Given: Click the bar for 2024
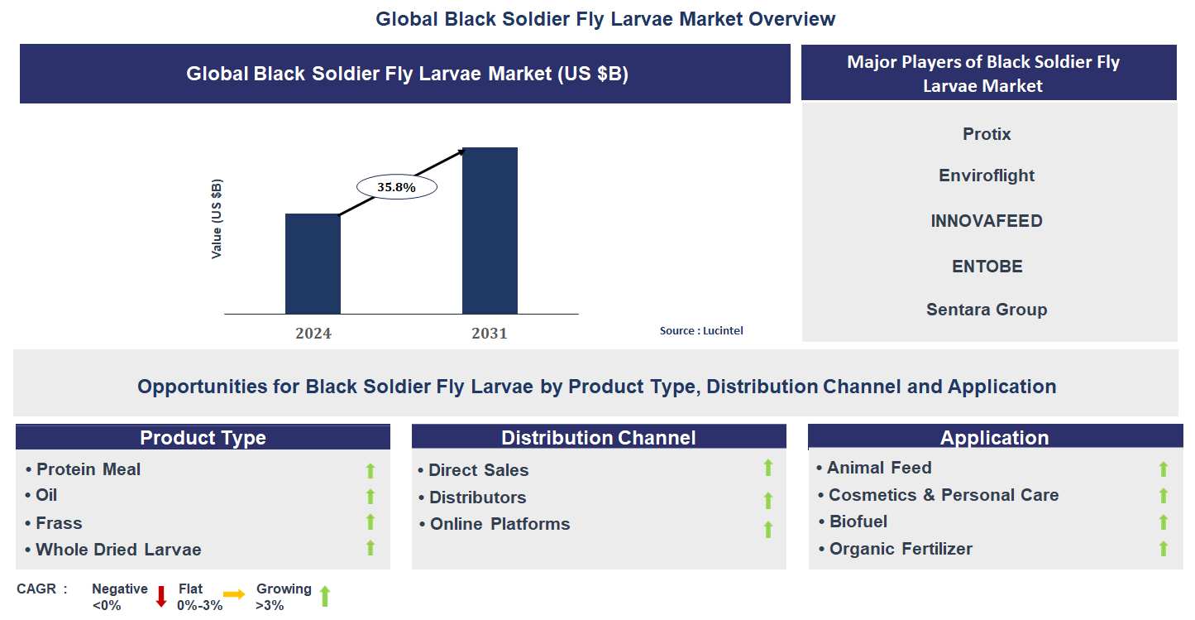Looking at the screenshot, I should (313, 263).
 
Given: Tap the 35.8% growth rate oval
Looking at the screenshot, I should (396, 187).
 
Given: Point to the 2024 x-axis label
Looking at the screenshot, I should (313, 334).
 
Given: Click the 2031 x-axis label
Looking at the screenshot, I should (490, 334).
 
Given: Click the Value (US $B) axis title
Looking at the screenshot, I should (217, 219).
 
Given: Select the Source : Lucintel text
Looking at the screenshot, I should (701, 330).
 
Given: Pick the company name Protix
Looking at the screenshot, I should (987, 134).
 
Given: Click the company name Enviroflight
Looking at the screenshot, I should (987, 175).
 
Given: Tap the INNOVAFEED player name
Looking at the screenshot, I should (987, 221).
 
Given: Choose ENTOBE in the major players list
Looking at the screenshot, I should (987, 267).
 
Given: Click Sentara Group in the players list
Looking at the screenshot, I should (987, 310).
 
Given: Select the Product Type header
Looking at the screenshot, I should (203, 438).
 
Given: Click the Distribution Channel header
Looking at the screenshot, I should (599, 438).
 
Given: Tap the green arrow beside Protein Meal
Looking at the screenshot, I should (370, 470).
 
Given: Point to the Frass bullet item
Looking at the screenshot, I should (59, 523).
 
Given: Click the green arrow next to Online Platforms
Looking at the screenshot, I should (768, 529).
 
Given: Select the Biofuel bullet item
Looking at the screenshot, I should (858, 521).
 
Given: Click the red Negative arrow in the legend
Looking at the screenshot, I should (161, 596).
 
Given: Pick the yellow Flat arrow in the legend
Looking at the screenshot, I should (234, 594).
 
